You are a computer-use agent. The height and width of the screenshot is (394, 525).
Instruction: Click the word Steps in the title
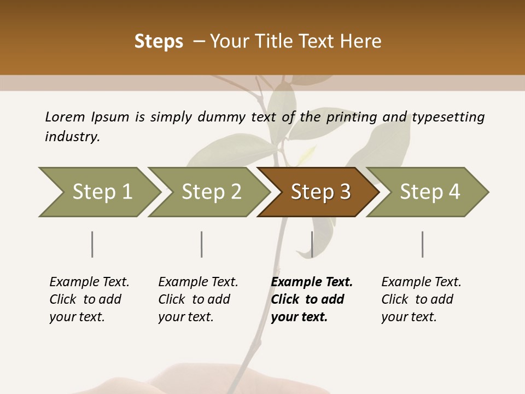[159, 42]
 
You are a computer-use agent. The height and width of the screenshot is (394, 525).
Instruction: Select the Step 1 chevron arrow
[98, 192]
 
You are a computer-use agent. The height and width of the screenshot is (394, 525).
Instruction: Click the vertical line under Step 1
[92, 244]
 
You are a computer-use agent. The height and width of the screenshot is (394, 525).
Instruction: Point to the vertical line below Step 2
[202, 244]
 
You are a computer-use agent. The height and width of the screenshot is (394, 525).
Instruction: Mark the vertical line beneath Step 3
[312, 244]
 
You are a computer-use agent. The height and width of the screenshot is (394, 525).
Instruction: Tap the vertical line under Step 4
[422, 244]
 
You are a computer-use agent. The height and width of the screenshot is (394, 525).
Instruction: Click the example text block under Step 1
[89, 299]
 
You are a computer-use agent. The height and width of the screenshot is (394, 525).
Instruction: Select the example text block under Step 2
[198, 299]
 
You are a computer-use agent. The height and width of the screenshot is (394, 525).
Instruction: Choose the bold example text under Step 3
[312, 299]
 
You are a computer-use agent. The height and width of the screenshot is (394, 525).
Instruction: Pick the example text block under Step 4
[421, 299]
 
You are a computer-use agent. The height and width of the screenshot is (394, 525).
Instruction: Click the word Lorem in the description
[65, 117]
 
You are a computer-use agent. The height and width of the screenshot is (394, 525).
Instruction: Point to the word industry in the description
[72, 136]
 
